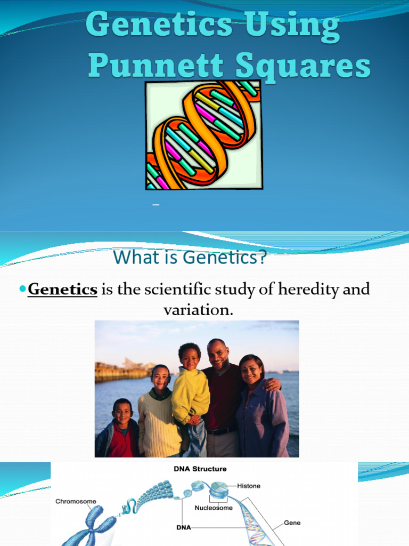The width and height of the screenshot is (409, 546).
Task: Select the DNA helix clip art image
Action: [x=204, y=135]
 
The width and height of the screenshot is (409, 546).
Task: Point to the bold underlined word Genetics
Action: [x=62, y=290]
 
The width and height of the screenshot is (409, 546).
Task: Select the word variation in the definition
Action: [x=198, y=309]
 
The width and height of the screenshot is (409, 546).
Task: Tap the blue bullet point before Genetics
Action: [x=22, y=288]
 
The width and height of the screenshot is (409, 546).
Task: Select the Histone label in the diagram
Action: [x=249, y=486]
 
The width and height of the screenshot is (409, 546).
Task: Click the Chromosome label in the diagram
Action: [x=76, y=501]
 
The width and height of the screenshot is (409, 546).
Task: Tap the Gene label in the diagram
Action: [x=292, y=523]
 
